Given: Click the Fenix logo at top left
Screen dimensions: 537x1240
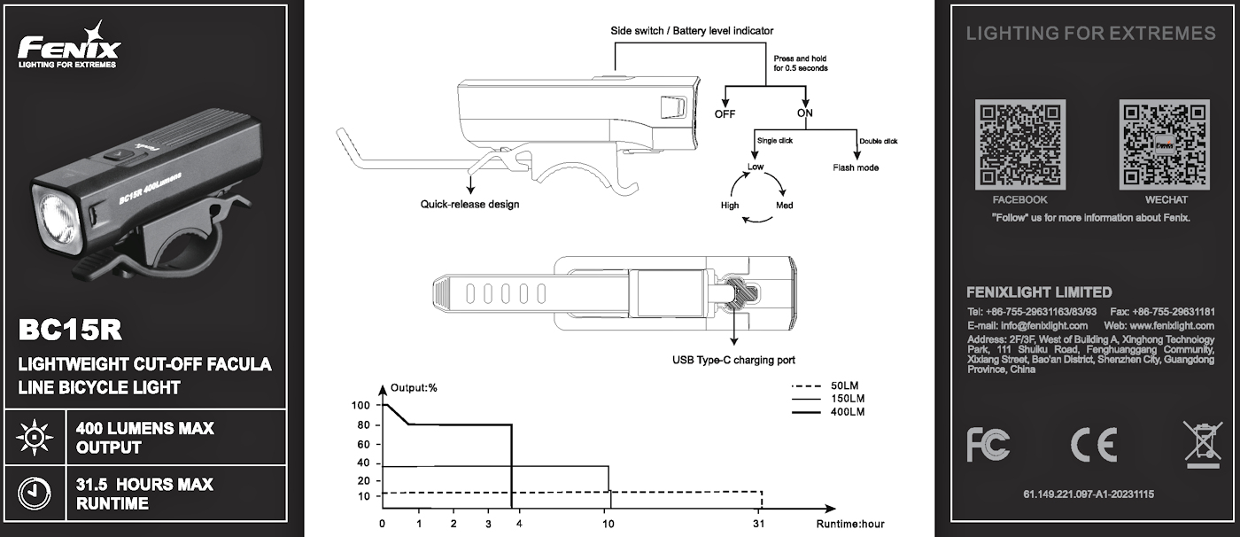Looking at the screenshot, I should click(68, 46).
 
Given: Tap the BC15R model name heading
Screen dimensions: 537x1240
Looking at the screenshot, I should click(70, 331).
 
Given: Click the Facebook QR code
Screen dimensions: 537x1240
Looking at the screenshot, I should click(1019, 145).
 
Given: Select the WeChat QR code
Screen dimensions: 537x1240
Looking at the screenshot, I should click(1165, 145).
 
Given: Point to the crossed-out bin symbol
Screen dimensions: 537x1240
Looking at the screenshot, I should click(1202, 444).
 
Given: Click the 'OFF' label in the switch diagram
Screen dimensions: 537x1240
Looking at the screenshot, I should click(725, 113).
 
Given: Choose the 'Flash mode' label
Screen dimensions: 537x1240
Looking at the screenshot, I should click(856, 167).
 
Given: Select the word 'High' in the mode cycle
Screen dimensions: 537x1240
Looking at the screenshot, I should click(730, 206).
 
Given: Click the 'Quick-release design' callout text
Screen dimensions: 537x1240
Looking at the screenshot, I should click(469, 205).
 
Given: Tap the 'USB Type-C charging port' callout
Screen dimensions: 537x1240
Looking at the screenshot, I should click(733, 361).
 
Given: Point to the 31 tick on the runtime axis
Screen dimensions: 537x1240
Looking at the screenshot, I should click(759, 524).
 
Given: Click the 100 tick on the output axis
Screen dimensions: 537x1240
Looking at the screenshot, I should click(360, 406).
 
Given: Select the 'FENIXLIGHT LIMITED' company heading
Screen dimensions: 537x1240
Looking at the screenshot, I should click(1039, 292).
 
